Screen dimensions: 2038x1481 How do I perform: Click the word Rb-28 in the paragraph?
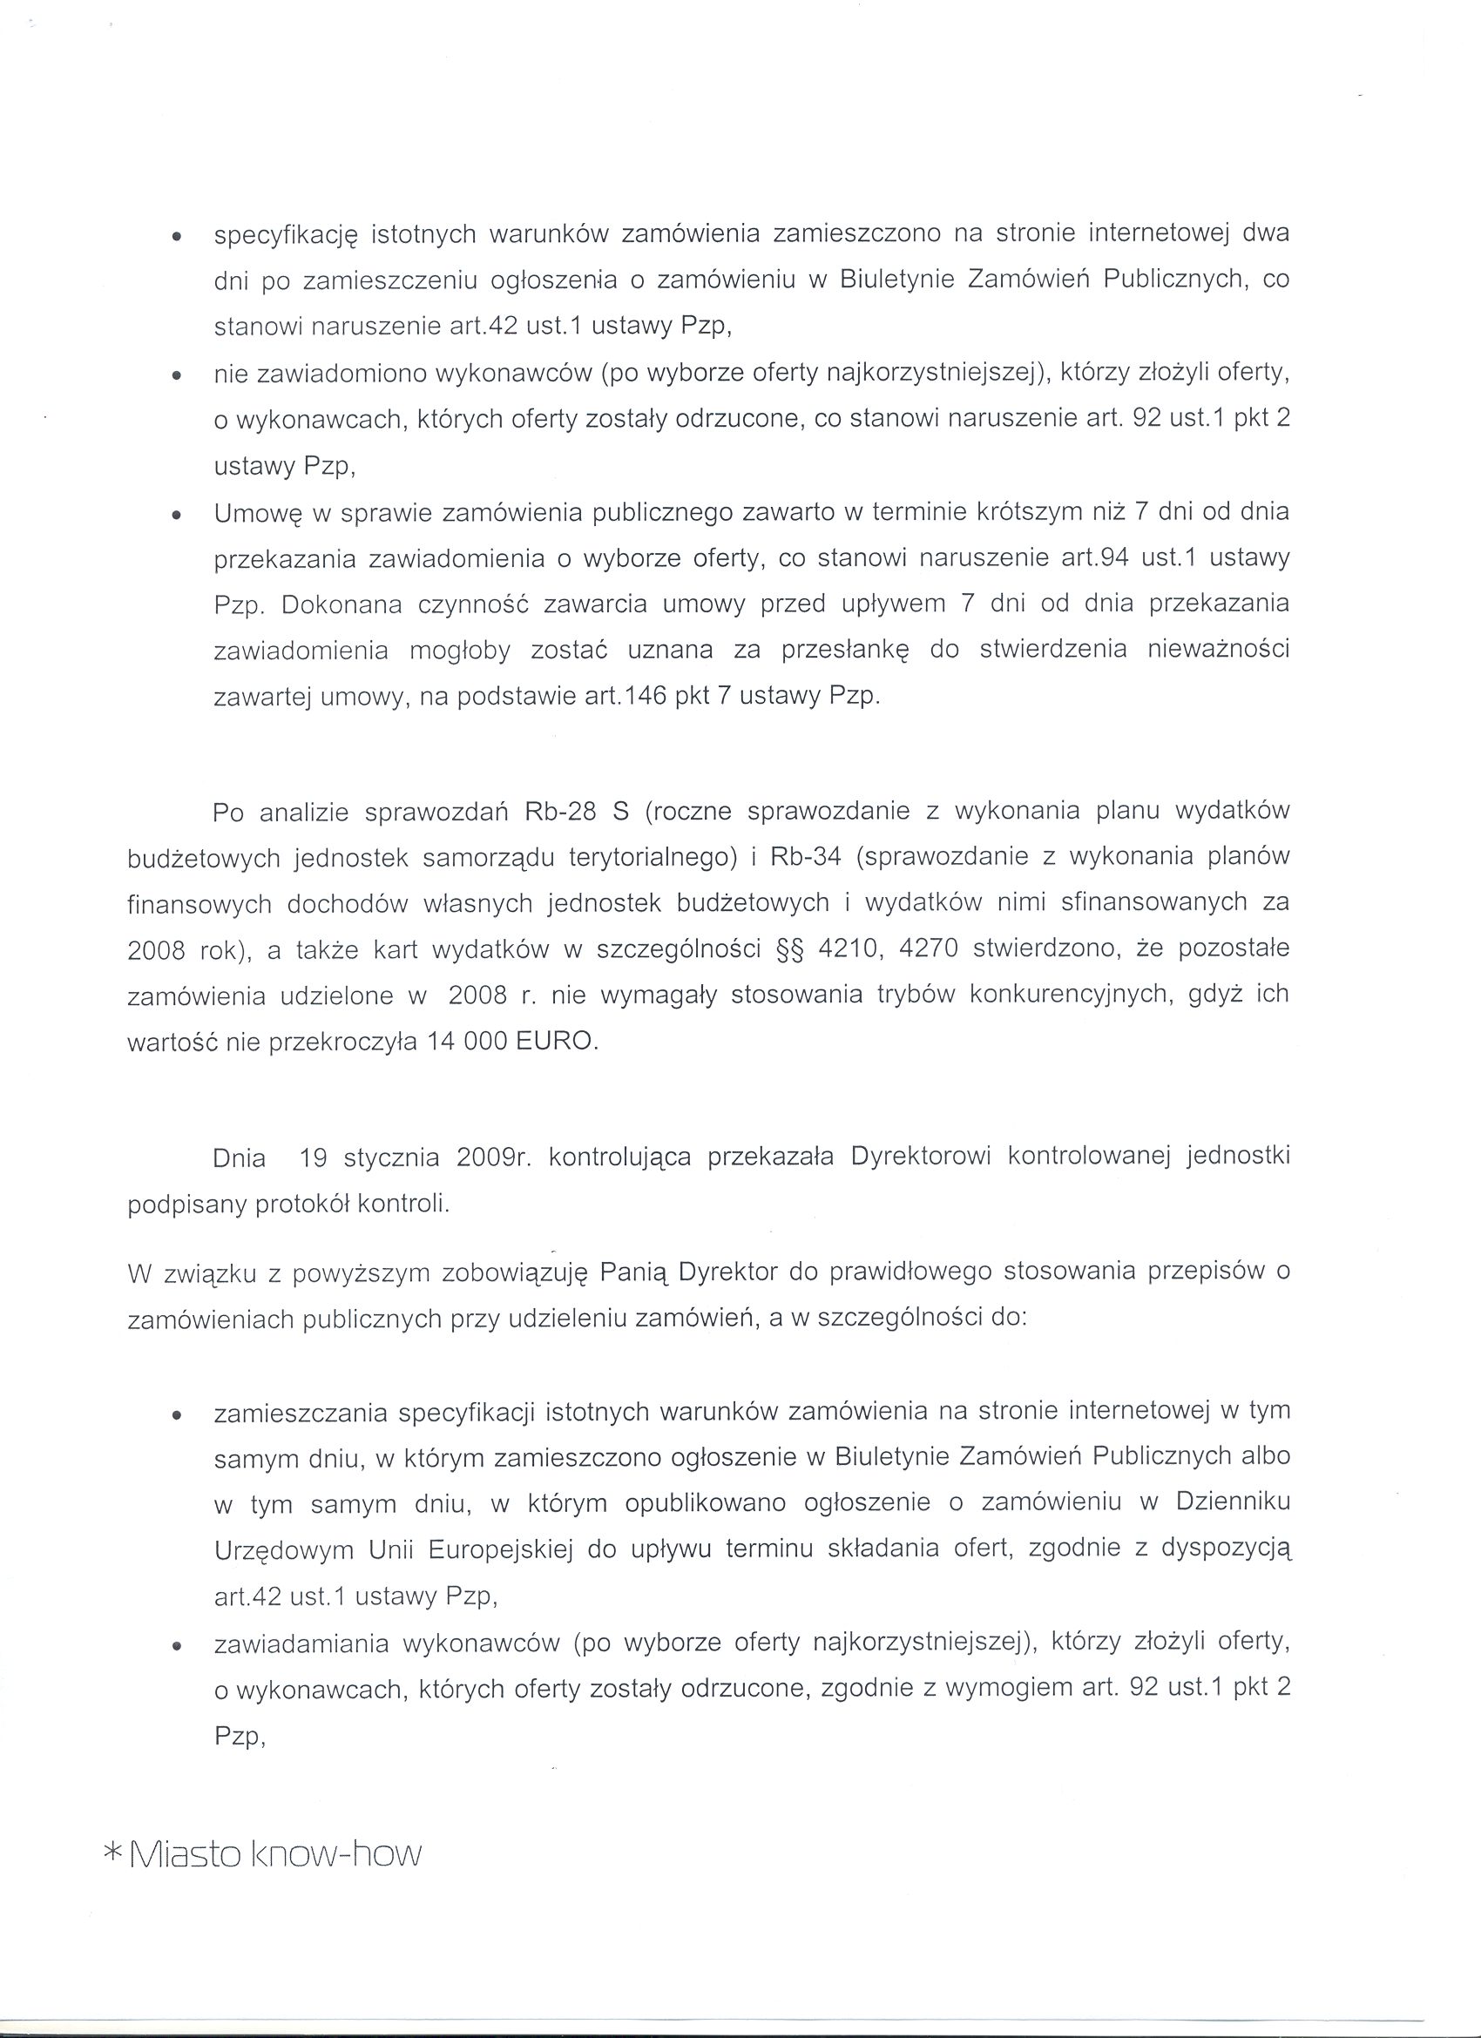558,812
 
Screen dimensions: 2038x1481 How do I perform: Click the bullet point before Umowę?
177,516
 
